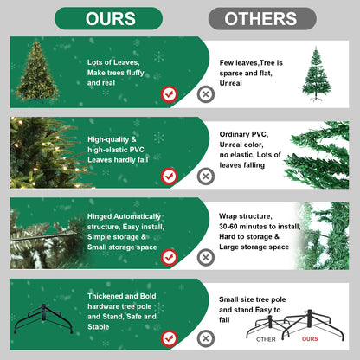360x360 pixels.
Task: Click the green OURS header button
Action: click(x=109, y=18)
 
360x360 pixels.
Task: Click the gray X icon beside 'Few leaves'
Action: click(x=205, y=95)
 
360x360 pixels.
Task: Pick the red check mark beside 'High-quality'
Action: click(x=170, y=176)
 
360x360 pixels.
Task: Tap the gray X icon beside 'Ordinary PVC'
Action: click(x=205, y=176)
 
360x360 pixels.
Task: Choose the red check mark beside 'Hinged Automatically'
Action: click(x=170, y=257)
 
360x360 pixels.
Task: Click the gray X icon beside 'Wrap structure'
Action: click(x=205, y=258)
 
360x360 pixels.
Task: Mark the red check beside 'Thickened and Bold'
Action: click(x=170, y=337)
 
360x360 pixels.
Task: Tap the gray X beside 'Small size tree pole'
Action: click(x=205, y=338)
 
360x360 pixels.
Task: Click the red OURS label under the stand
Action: click(x=310, y=339)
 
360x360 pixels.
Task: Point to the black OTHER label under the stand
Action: click(x=267, y=339)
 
